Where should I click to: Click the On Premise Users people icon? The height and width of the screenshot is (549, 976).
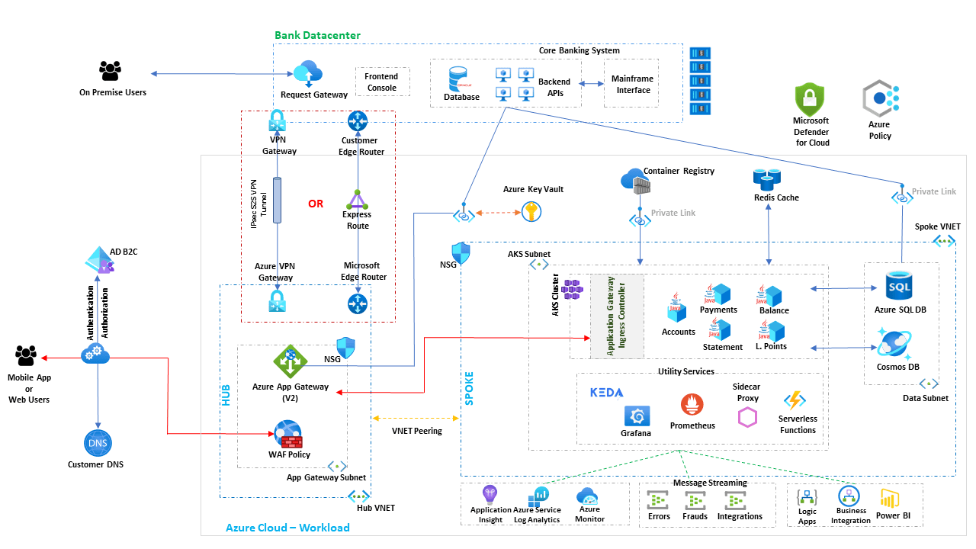point(111,72)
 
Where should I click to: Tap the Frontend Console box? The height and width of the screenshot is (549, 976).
point(382,82)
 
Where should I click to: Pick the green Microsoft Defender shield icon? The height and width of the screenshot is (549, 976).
point(811,99)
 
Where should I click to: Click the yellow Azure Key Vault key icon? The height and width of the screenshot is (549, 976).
point(532,212)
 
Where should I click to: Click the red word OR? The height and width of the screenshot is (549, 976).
point(316,204)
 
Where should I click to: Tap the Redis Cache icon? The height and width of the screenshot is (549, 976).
point(766,179)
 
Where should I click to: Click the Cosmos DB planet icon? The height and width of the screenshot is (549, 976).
point(893,343)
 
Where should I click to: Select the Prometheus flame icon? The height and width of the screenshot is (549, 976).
point(692,406)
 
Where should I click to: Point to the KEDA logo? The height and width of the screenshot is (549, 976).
point(607,393)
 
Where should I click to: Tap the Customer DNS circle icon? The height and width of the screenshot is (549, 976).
point(97,444)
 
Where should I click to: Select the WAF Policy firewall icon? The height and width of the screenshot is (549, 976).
point(288,435)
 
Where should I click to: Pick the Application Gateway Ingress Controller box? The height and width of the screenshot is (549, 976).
point(617,316)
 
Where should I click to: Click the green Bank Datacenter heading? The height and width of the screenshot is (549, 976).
point(317,35)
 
